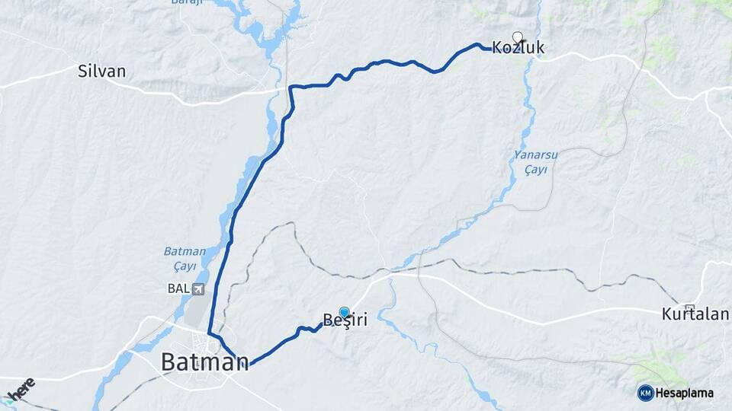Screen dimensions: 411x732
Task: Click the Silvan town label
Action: [101, 72]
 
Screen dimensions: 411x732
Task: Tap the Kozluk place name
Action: [518, 49]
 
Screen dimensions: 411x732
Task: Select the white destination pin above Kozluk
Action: [518, 37]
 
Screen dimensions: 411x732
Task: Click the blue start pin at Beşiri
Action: [344, 312]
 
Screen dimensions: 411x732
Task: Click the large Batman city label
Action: [204, 362]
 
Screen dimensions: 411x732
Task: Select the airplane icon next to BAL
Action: [198, 288]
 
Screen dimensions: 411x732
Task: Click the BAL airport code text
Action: [178, 288]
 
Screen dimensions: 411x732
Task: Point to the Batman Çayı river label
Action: [185, 258]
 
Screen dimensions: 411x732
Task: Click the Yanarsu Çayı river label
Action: [536, 162]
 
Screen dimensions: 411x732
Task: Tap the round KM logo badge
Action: [645, 393]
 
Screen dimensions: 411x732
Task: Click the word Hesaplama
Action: [684, 393]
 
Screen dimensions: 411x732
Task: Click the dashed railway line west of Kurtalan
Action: [534, 270]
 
